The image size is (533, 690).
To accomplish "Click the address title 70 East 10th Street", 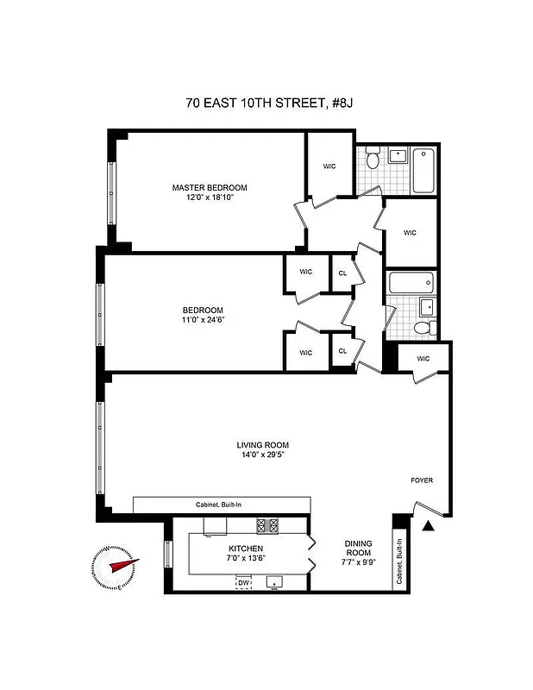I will pyautogui.click(x=270, y=103).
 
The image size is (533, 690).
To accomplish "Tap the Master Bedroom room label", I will pyautogui.click(x=209, y=187).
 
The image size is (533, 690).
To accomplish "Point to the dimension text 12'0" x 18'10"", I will pyautogui.click(x=209, y=198).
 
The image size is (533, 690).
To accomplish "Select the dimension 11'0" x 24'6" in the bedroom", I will pyautogui.click(x=203, y=321).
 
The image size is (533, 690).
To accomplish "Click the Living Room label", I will pyautogui.click(x=263, y=445).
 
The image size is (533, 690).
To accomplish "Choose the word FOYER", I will pyautogui.click(x=421, y=480).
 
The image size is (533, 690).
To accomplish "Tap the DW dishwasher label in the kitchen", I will pyautogui.click(x=244, y=583).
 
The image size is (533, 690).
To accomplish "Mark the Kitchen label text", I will pyautogui.click(x=246, y=549).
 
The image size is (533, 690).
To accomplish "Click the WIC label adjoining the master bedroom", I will pyautogui.click(x=329, y=166).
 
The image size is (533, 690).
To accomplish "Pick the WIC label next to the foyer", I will pyautogui.click(x=423, y=359).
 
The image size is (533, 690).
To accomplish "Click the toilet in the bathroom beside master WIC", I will pyautogui.click(x=373, y=160).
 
